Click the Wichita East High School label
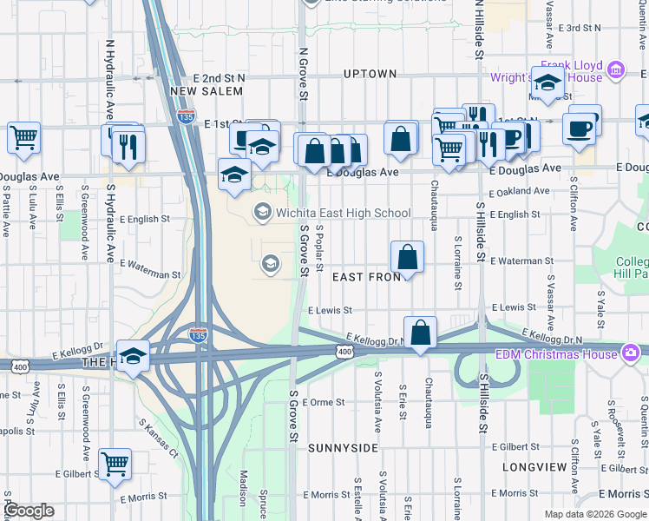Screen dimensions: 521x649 pos(344,213)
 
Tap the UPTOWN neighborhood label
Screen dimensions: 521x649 pos(370,74)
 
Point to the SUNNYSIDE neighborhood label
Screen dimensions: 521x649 pos(343,447)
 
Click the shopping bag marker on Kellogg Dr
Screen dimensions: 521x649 pos(421,333)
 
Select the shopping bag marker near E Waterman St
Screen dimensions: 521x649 pos(407,257)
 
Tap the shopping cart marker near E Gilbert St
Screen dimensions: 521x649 pos(115,465)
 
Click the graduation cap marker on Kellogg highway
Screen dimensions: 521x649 pos(134,356)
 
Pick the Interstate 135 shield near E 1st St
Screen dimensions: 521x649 pos(185,115)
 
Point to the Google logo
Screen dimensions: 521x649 pos(29,511)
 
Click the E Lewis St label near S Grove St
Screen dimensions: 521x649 pos(330,309)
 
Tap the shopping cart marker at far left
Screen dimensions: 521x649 pos(23,136)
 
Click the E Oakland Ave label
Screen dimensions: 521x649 pos(520,191)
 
